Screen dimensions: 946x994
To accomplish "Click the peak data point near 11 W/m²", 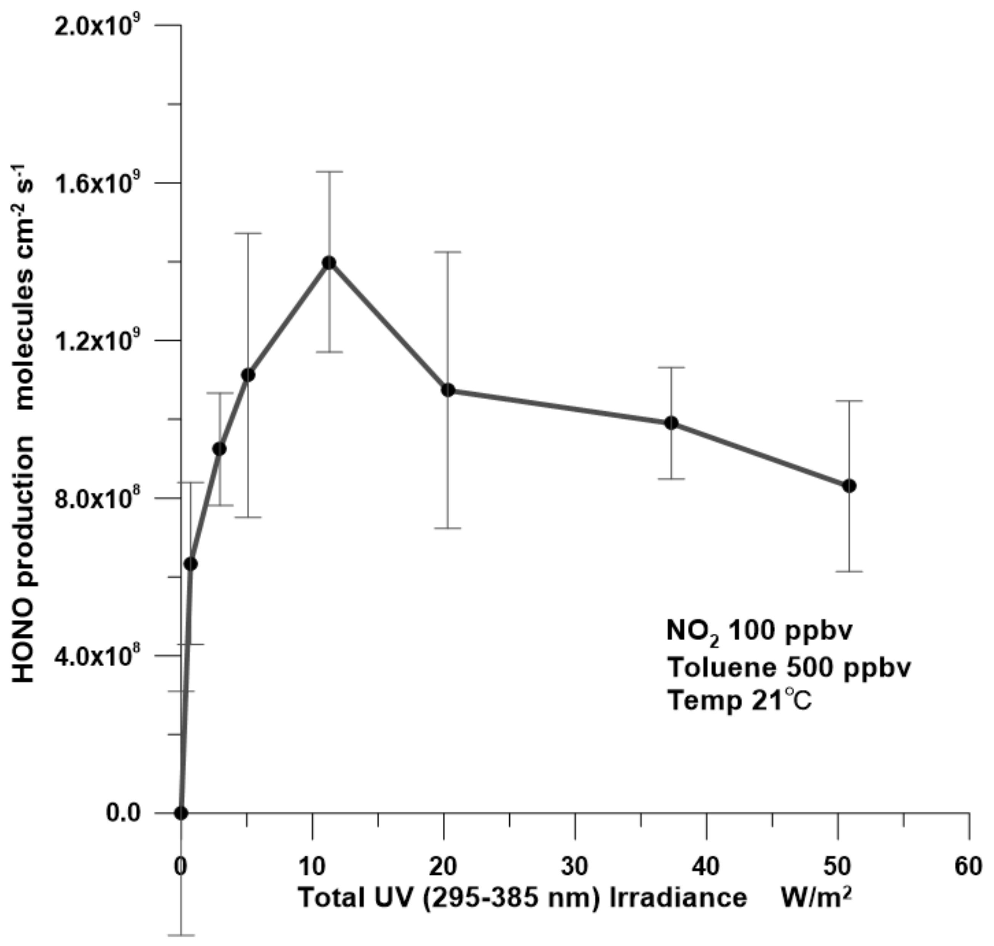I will (x=329, y=263).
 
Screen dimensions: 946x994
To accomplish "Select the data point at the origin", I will (x=181, y=813).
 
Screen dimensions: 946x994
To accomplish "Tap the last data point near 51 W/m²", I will (x=849, y=486).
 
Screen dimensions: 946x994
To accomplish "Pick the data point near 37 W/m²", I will (x=671, y=423).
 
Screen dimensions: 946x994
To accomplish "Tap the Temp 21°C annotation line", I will (x=739, y=702).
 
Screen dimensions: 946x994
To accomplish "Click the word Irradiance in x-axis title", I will (x=678, y=898).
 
